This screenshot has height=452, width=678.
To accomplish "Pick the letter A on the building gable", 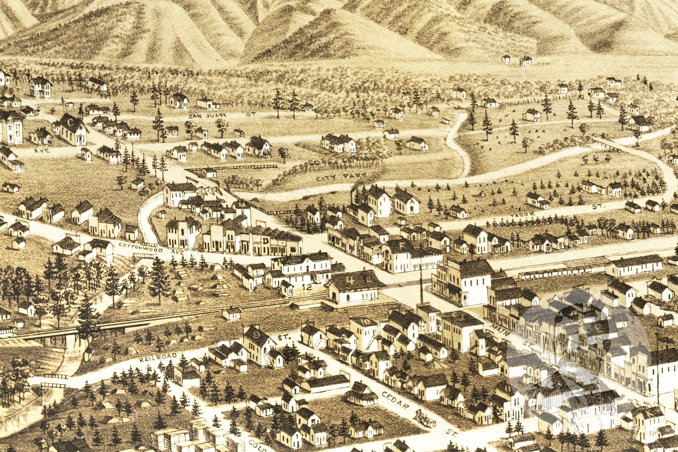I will (412, 202).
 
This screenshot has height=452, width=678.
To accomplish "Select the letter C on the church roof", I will (70, 122).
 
